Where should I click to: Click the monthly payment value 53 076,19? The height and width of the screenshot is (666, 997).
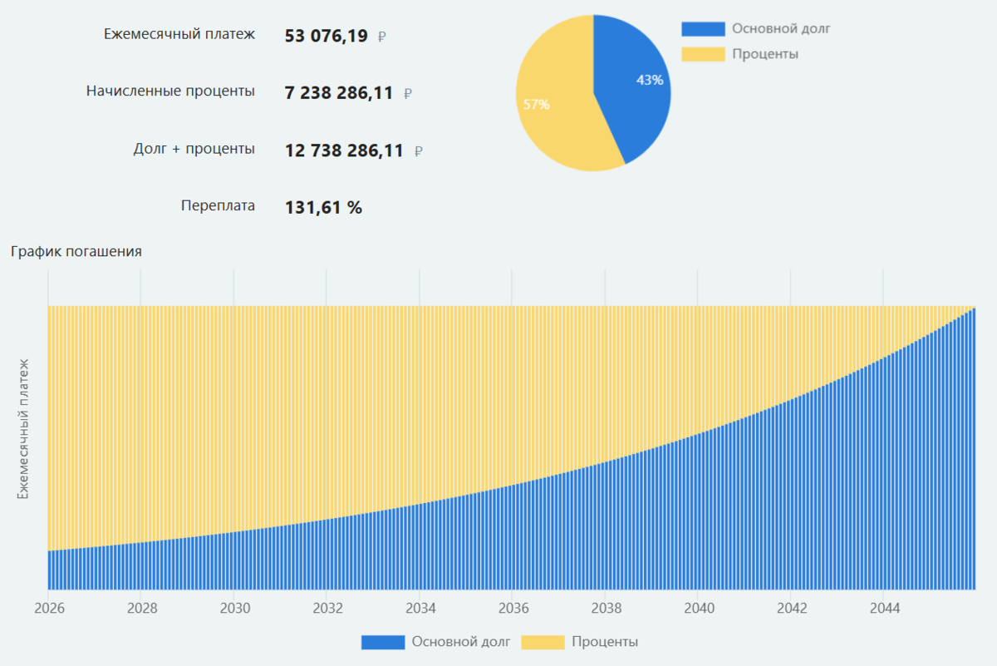pyautogui.click(x=326, y=36)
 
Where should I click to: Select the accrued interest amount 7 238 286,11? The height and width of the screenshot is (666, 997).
pyautogui.click(x=338, y=93)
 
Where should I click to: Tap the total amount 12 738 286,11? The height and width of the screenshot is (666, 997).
pyautogui.click(x=343, y=150)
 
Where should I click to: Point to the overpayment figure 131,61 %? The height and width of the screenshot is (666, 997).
pyautogui.click(x=323, y=207)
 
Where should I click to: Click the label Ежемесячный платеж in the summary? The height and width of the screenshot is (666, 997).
pyautogui.click(x=179, y=34)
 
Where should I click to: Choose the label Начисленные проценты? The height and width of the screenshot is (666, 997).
pyautogui.click(x=170, y=91)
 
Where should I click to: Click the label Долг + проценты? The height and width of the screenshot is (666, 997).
pyautogui.click(x=194, y=149)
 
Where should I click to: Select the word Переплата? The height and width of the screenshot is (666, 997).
pyautogui.click(x=218, y=205)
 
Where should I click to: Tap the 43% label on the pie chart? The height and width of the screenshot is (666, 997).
pyautogui.click(x=650, y=81)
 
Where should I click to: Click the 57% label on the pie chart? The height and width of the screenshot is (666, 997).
pyautogui.click(x=536, y=105)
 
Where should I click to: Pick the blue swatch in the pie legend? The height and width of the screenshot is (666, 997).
pyautogui.click(x=702, y=29)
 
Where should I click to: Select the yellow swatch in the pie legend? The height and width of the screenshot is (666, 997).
pyautogui.click(x=702, y=55)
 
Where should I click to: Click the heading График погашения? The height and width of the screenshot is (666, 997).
pyautogui.click(x=76, y=251)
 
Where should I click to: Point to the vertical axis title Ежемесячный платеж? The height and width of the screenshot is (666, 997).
pyautogui.click(x=24, y=428)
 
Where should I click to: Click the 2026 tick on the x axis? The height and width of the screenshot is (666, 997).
pyautogui.click(x=50, y=608)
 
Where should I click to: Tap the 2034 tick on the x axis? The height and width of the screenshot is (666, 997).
pyautogui.click(x=420, y=608)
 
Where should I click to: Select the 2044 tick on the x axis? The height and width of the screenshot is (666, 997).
pyautogui.click(x=884, y=608)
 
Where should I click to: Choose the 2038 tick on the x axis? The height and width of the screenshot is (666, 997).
pyautogui.click(x=606, y=608)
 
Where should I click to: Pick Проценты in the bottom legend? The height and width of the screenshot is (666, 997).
pyautogui.click(x=605, y=642)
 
